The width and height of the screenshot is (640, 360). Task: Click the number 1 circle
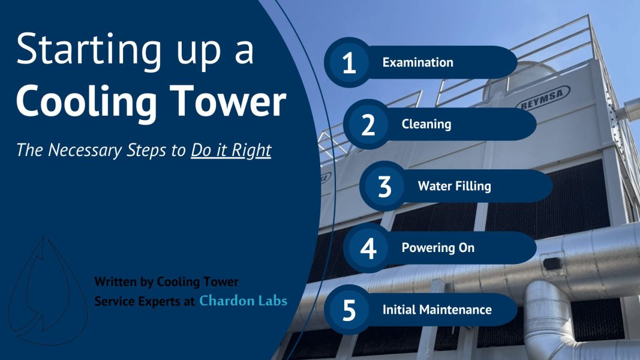[x=348, y=62]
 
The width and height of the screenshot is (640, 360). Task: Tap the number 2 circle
[x=368, y=124]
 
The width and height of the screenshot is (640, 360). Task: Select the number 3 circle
[x=384, y=186]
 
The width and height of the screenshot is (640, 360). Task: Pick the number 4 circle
[x=368, y=248]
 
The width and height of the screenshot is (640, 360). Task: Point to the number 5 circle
[x=348, y=310]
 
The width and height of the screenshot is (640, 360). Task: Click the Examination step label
[x=417, y=62]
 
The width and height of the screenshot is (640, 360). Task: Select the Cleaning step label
[x=426, y=124]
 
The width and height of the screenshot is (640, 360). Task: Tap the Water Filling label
[x=454, y=186]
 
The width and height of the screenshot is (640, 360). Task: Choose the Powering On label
[x=438, y=248]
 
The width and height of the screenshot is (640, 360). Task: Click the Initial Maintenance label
[x=437, y=310]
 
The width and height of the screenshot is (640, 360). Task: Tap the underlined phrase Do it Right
[x=231, y=150]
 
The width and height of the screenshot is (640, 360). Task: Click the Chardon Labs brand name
[x=243, y=301]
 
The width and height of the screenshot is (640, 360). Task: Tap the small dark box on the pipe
[x=551, y=263]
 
